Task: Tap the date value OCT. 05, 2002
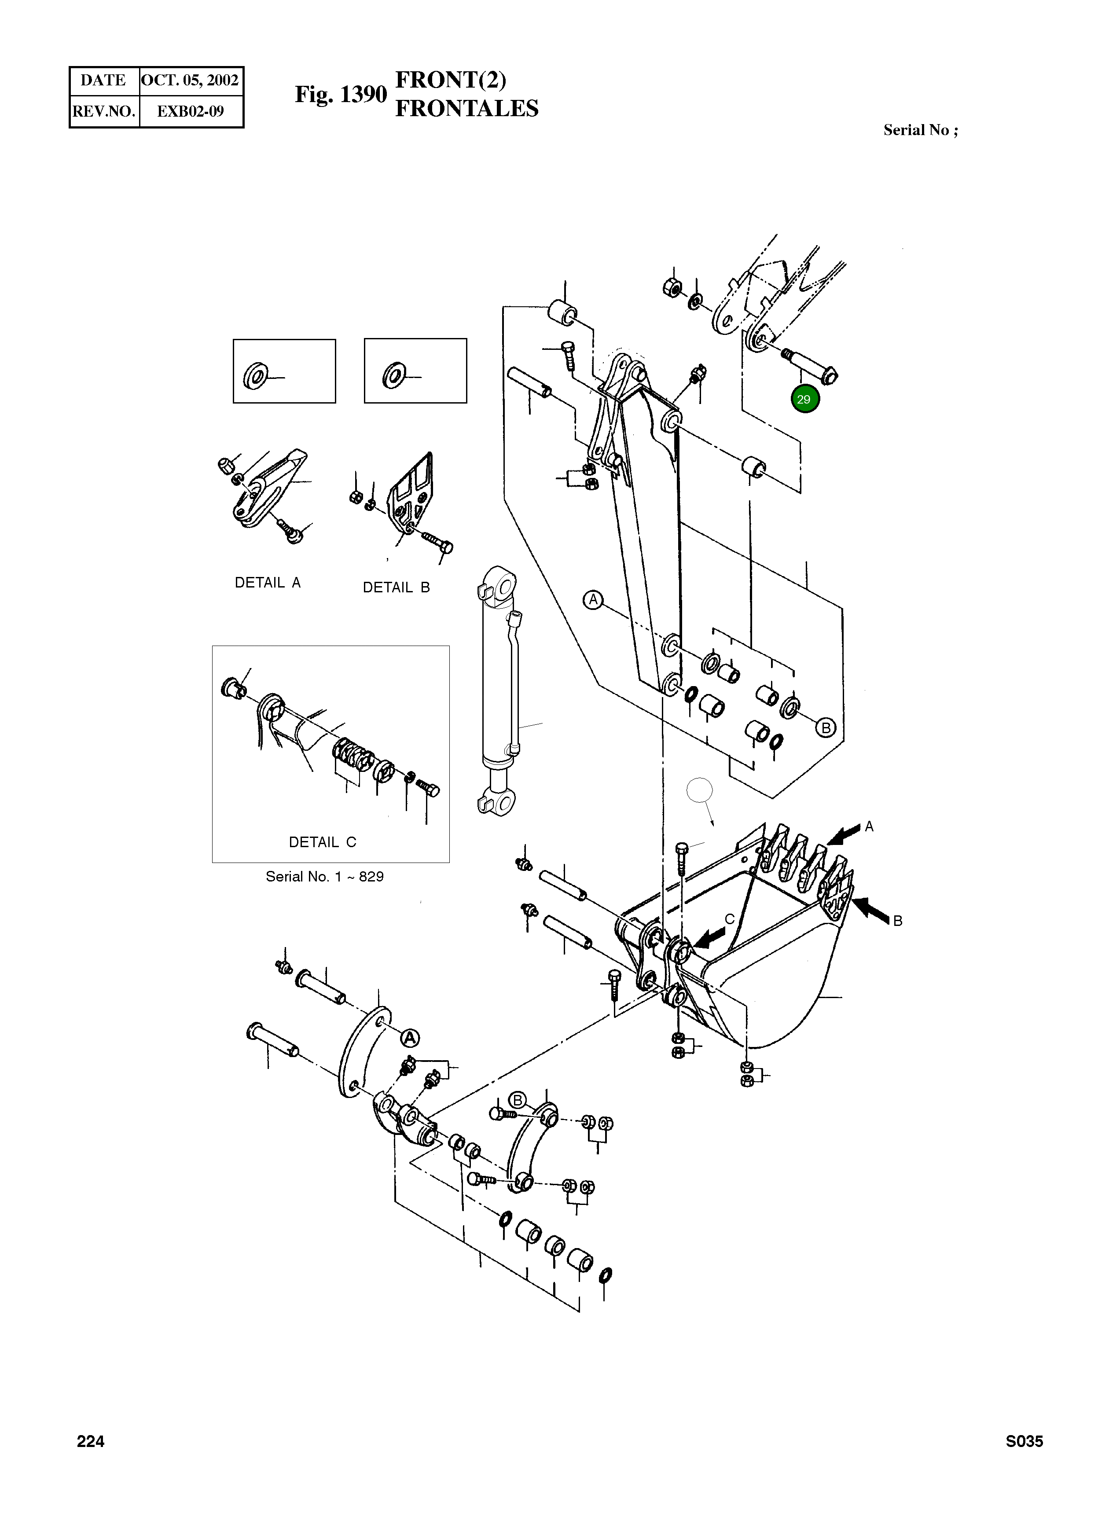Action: (190, 81)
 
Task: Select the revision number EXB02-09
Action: (190, 111)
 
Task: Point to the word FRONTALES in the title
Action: (466, 109)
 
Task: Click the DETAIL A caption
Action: (267, 583)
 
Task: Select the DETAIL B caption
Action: (396, 588)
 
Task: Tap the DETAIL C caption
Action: (322, 842)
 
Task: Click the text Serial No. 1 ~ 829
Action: (324, 877)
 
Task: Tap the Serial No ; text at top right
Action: (920, 130)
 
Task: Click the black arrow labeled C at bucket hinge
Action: (710, 937)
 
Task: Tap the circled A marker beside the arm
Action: (593, 599)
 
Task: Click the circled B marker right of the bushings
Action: (826, 727)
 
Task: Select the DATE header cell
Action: (103, 81)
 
